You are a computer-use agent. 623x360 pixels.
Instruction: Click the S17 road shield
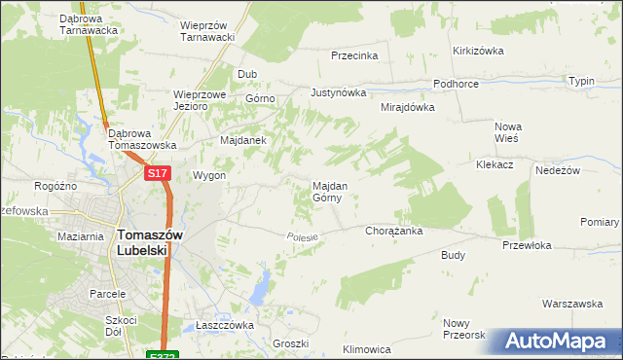[x=159, y=173]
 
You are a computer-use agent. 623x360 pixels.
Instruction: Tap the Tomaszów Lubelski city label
[x=143, y=241]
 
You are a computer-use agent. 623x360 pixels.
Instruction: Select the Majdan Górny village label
[x=327, y=191]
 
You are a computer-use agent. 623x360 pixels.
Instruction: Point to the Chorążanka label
[x=393, y=232]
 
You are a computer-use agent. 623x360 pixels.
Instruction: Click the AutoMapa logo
[x=558, y=342]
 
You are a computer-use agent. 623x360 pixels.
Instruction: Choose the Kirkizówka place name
[x=477, y=51]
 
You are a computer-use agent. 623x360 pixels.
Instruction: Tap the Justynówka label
[x=338, y=93]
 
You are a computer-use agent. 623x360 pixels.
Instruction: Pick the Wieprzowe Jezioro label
[x=200, y=101]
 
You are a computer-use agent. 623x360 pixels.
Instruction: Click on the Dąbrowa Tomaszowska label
[x=142, y=139]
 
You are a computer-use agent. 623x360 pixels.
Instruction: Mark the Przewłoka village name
[x=528, y=246]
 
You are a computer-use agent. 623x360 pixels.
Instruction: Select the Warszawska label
[x=572, y=304]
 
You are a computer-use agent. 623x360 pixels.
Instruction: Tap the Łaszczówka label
[x=224, y=325]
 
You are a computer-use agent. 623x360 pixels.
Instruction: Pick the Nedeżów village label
[x=558, y=169]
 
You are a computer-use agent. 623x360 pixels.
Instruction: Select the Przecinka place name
[x=354, y=55]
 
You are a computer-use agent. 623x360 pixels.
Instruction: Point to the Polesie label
[x=304, y=236]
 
